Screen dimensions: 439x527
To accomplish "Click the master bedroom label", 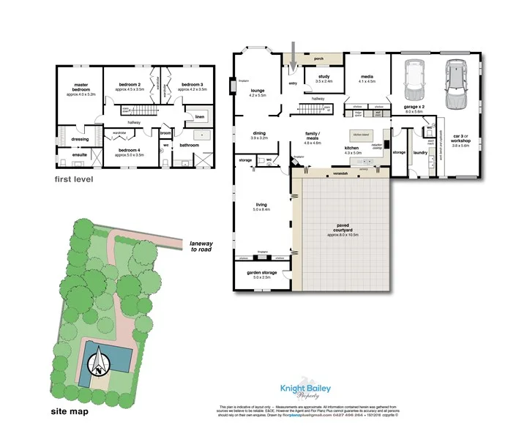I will pyautogui.click(x=82, y=88).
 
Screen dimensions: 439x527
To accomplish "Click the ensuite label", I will pyautogui.click(x=79, y=154).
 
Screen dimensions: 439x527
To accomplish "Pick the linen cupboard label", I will pyautogui.click(x=199, y=116).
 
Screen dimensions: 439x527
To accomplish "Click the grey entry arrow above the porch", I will pyautogui.click(x=292, y=56).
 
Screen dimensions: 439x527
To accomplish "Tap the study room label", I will pyautogui.click(x=324, y=78).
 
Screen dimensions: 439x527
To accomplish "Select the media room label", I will pyautogui.click(x=367, y=78).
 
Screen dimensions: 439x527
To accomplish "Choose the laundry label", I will pyautogui.click(x=419, y=153).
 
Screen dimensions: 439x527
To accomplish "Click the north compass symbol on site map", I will pyautogui.click(x=98, y=364).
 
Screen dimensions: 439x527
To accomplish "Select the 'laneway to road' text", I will pyautogui.click(x=204, y=247).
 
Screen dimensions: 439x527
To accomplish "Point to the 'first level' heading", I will pyautogui.click(x=74, y=179).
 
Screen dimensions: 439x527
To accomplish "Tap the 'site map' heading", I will pyautogui.click(x=70, y=411).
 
